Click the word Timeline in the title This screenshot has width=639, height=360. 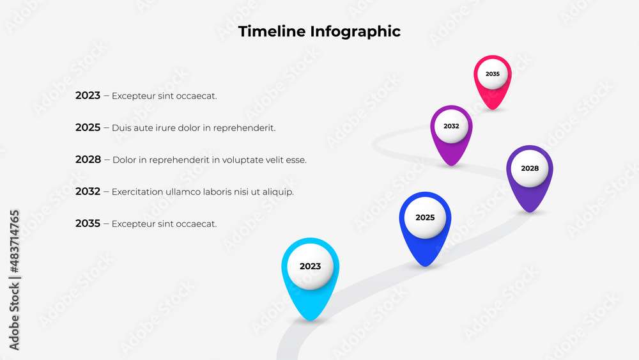pyautogui.click(x=272, y=31)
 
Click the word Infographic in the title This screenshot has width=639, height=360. pyautogui.click(x=355, y=31)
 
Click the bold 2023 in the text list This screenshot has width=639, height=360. pyautogui.click(x=88, y=96)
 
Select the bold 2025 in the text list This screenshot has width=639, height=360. pyautogui.click(x=88, y=128)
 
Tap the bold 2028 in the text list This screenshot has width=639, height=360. pyautogui.click(x=88, y=160)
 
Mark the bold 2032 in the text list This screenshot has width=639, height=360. pyautogui.click(x=88, y=192)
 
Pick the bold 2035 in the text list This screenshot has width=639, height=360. pyautogui.click(x=88, y=224)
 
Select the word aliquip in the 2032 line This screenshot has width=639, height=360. pyautogui.click(x=277, y=192)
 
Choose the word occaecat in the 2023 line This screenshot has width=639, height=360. pyautogui.click(x=195, y=96)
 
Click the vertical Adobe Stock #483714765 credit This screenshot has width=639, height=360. pyautogui.click(x=14, y=279)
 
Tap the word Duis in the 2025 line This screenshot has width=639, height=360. pyautogui.click(x=120, y=128)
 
